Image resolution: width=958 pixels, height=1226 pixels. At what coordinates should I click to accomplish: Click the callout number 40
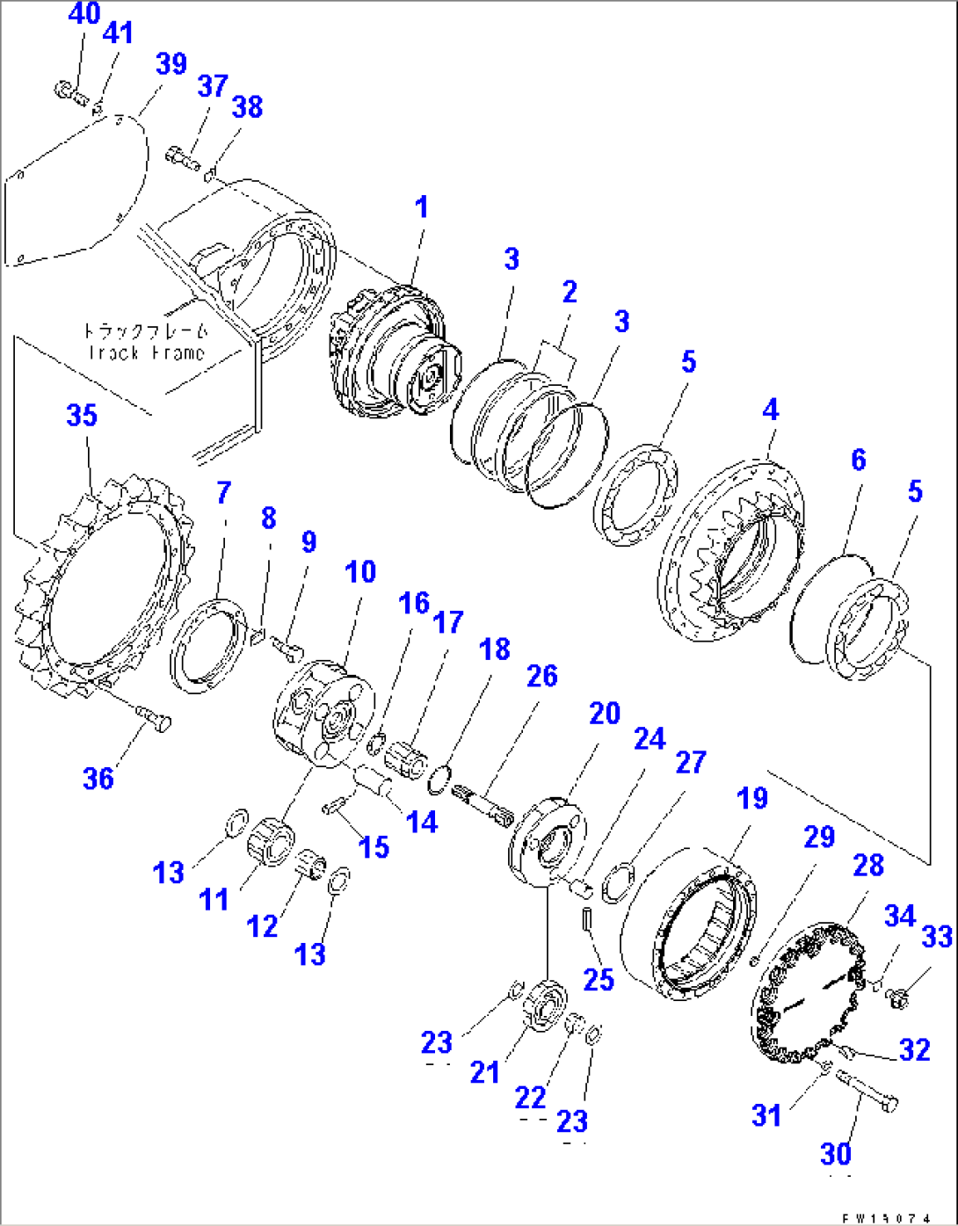[x=83, y=14]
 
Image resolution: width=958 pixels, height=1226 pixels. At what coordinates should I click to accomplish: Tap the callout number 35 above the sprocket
[x=82, y=415]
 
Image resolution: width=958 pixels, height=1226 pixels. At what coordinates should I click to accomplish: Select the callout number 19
[x=751, y=798]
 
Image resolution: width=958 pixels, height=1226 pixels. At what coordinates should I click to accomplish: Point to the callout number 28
[x=867, y=865]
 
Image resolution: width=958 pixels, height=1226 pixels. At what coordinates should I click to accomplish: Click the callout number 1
[x=422, y=207]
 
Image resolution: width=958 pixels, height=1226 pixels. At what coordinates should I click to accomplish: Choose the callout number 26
[x=541, y=676]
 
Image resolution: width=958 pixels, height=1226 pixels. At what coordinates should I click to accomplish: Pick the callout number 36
[x=98, y=778]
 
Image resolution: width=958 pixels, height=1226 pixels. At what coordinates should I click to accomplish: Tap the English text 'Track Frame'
[x=146, y=353]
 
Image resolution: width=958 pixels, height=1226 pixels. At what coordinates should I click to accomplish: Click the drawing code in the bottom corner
[x=892, y=1218]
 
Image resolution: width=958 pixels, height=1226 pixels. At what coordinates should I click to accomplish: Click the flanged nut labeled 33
[x=897, y=996]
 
